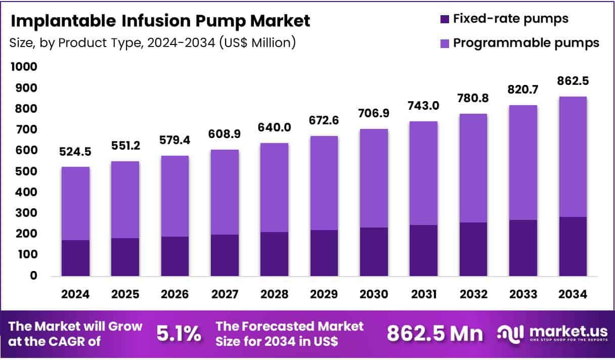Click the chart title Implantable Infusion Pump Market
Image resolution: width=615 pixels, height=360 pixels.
[160, 21]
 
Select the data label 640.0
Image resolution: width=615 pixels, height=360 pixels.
[274, 128]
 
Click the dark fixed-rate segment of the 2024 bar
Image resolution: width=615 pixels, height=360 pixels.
[75, 258]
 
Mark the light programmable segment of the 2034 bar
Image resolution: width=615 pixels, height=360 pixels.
[573, 157]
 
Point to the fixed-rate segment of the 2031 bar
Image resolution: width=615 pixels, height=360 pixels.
[423, 250]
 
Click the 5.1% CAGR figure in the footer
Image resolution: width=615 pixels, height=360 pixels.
[178, 334]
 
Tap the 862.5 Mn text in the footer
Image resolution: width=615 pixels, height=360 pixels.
[434, 334]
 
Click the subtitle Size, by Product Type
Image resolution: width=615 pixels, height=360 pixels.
[152, 43]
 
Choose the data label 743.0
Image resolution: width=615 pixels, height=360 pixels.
[423, 107]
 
